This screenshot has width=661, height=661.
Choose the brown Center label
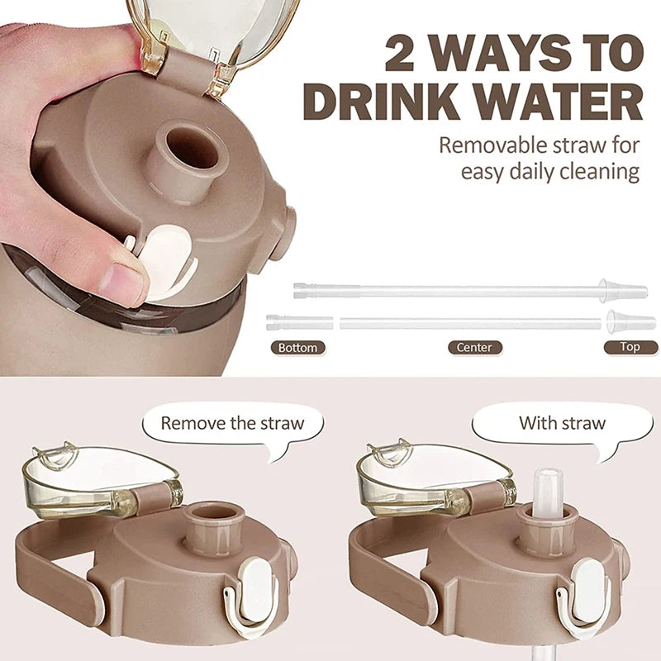point(474,348)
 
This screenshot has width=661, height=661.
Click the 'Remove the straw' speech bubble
point(232,425)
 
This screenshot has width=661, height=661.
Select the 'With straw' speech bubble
point(562,425)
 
